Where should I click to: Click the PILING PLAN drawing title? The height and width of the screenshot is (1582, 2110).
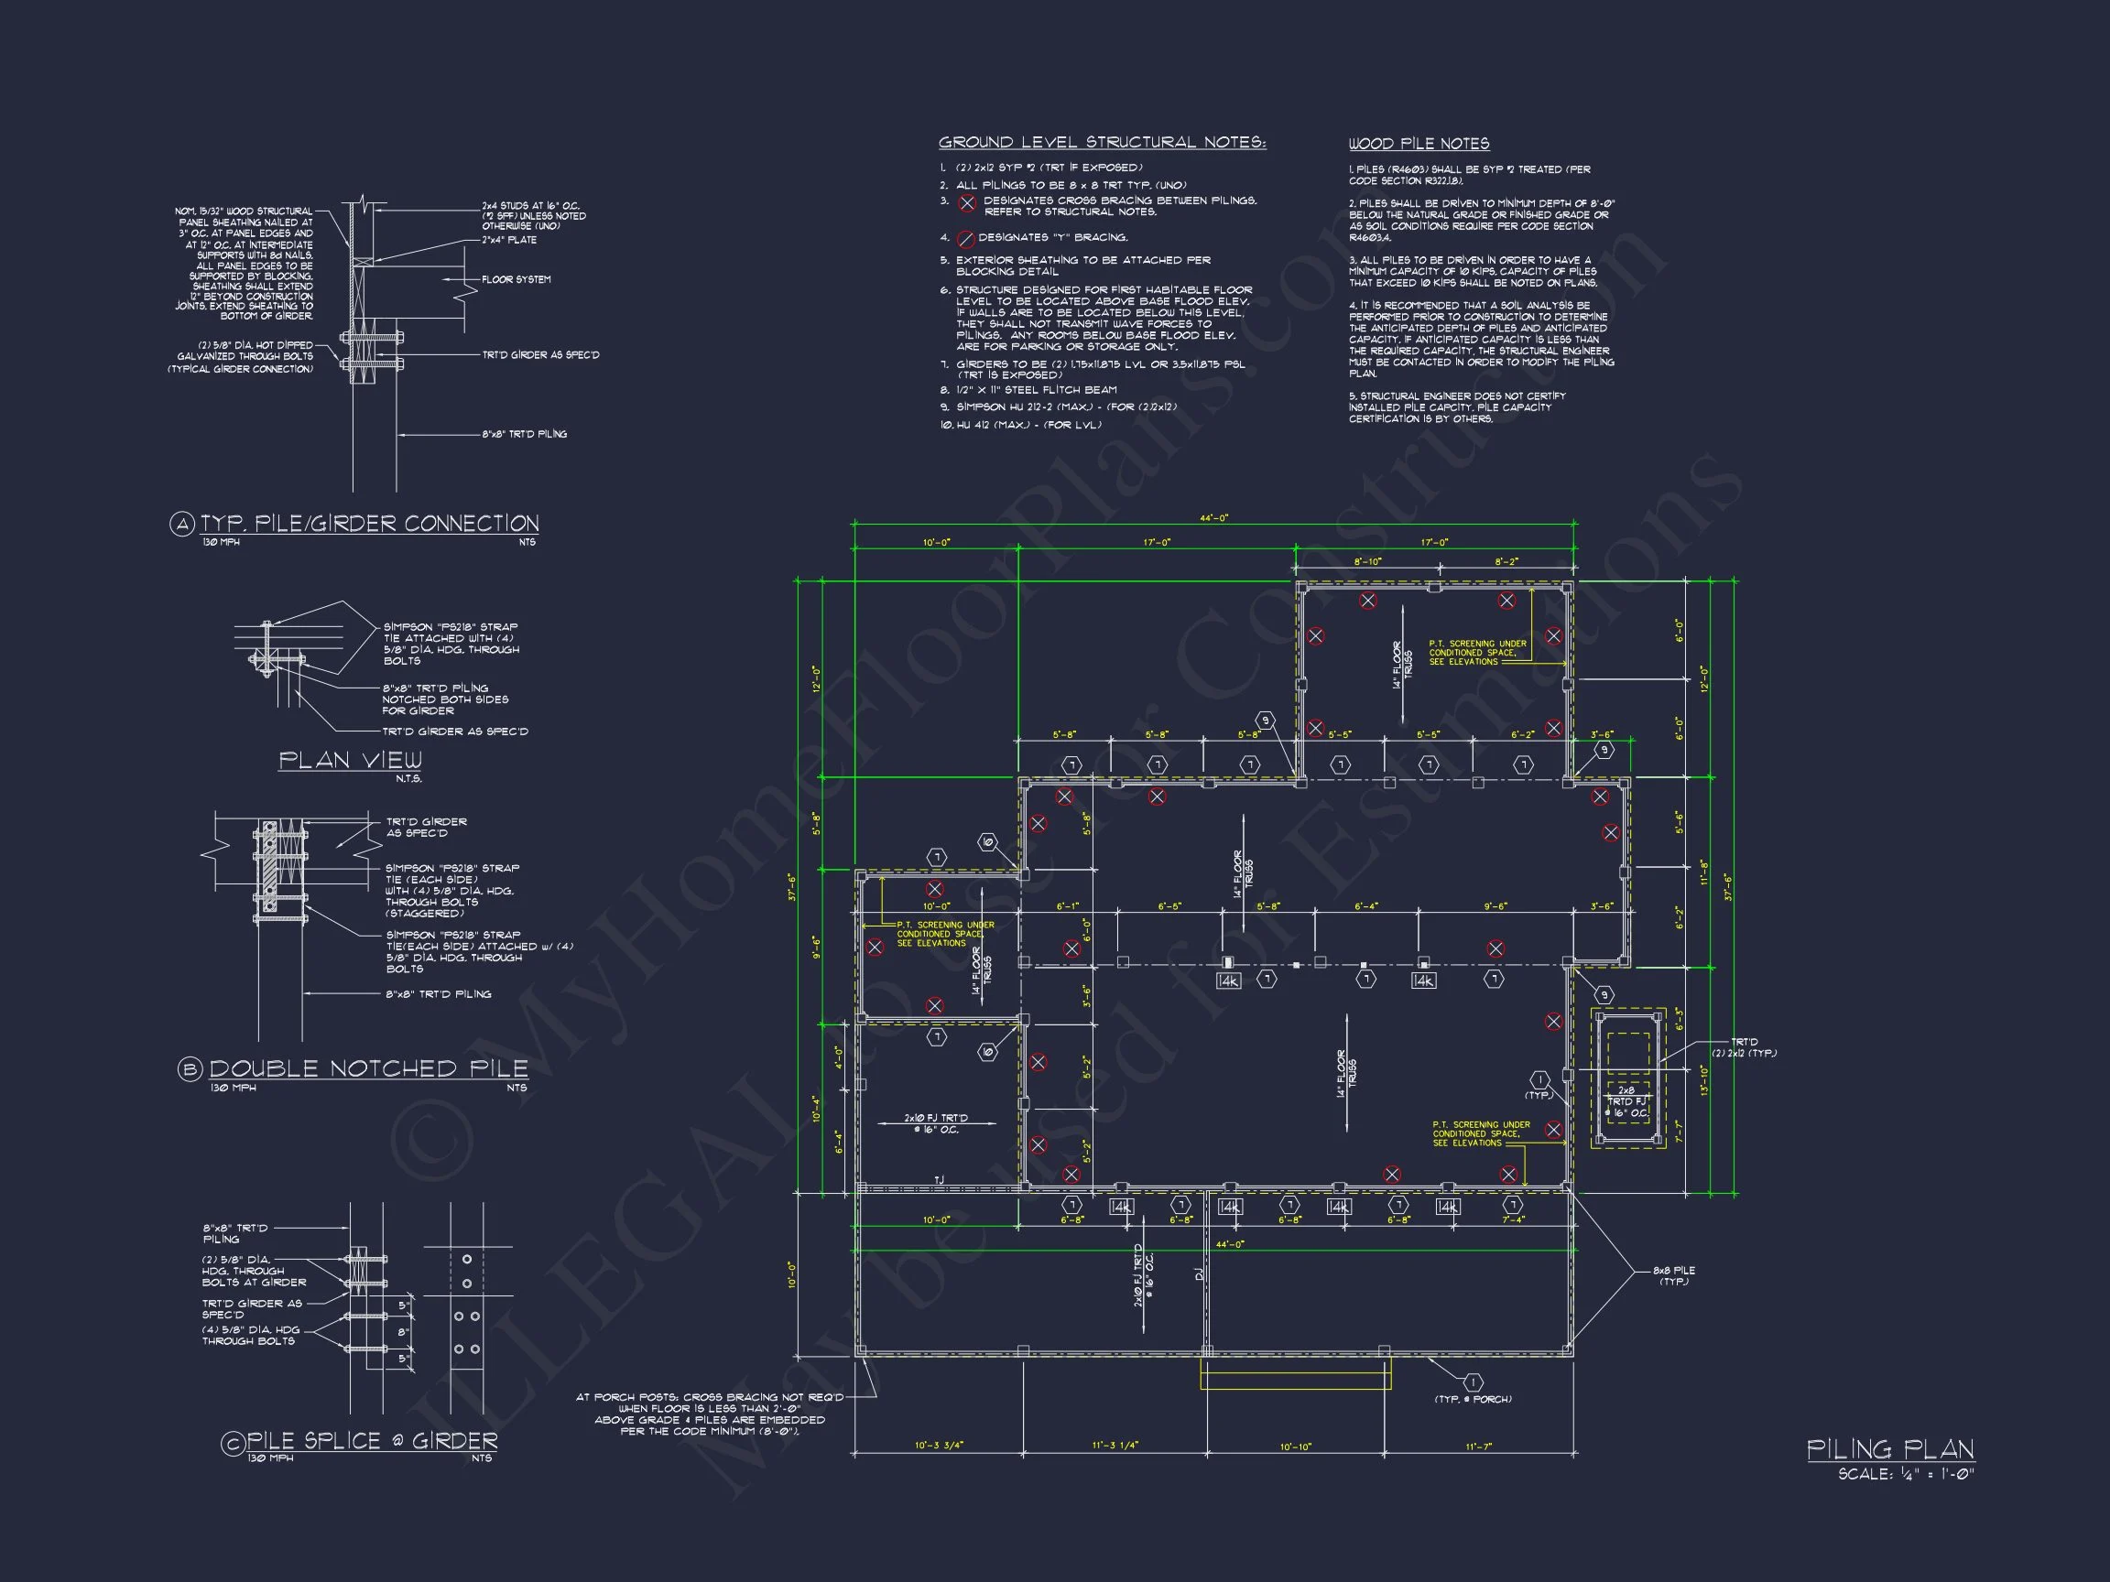1889,1449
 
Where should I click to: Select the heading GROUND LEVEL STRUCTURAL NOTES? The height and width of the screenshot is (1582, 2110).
1102,143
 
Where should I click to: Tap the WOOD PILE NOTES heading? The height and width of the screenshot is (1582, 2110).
1419,144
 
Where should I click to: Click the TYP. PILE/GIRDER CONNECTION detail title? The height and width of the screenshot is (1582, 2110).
369,524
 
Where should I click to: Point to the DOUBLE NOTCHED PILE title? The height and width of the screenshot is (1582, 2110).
368,1068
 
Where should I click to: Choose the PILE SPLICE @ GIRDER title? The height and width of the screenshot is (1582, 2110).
372,1441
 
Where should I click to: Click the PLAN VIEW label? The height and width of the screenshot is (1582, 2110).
350,760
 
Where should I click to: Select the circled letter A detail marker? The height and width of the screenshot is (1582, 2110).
181,524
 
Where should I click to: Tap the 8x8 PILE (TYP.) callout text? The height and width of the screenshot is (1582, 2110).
1674,1276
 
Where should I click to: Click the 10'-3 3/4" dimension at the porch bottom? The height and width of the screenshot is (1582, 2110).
939,1446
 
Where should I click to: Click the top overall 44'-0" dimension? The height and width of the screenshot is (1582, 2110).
1214,519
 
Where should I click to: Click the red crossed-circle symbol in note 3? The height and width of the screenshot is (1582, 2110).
967,203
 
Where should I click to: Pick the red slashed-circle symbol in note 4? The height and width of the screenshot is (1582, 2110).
965,238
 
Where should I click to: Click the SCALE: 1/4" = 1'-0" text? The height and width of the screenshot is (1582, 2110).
1906,1474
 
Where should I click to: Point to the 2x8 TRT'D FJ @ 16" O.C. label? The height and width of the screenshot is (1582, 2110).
1626,1101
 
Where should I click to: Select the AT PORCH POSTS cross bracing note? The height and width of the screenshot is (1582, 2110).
709,1414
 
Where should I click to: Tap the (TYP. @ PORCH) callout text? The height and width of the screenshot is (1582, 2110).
1473,1399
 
